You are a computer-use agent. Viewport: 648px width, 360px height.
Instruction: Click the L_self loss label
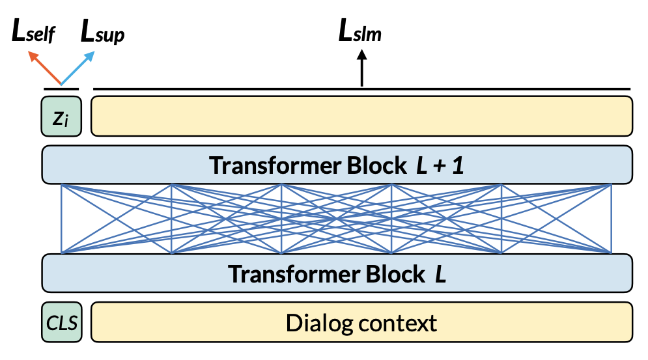[x=33, y=33]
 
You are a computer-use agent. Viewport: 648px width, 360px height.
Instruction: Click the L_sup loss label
[x=102, y=33]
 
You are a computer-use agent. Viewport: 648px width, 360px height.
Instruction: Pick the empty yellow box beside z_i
[x=361, y=117]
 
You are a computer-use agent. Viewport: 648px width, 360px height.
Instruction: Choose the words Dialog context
[x=361, y=322]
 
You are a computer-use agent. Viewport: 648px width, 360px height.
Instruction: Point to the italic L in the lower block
[x=440, y=274]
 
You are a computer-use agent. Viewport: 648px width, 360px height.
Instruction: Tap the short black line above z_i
[x=61, y=88]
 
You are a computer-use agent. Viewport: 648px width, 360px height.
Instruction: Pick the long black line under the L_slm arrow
[x=362, y=88]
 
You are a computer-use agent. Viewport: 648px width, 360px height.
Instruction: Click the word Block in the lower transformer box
[x=393, y=274]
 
